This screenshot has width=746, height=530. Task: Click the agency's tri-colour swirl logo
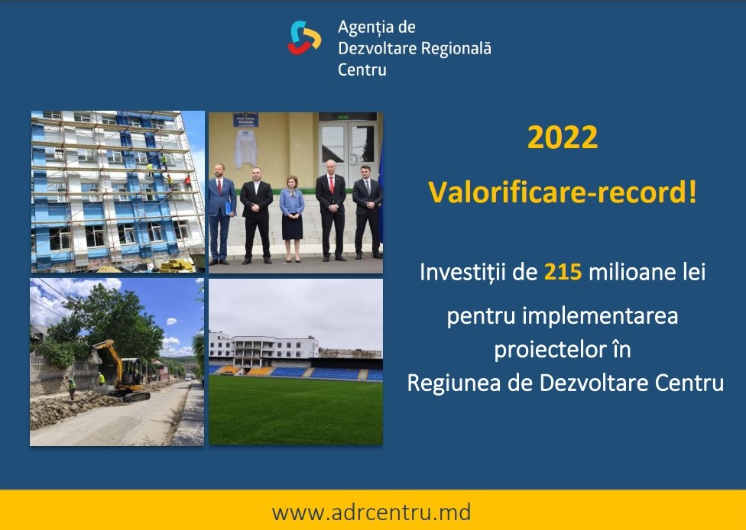304,37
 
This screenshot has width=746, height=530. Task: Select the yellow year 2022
563,137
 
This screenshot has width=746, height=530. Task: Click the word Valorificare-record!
563,192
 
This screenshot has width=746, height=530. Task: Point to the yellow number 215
563,273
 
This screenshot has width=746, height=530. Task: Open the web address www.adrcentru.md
371,512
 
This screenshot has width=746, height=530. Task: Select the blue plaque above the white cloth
245,119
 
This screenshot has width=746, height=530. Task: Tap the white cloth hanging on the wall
245,148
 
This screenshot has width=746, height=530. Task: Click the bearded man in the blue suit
221,214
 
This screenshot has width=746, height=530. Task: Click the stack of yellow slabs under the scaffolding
177,265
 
